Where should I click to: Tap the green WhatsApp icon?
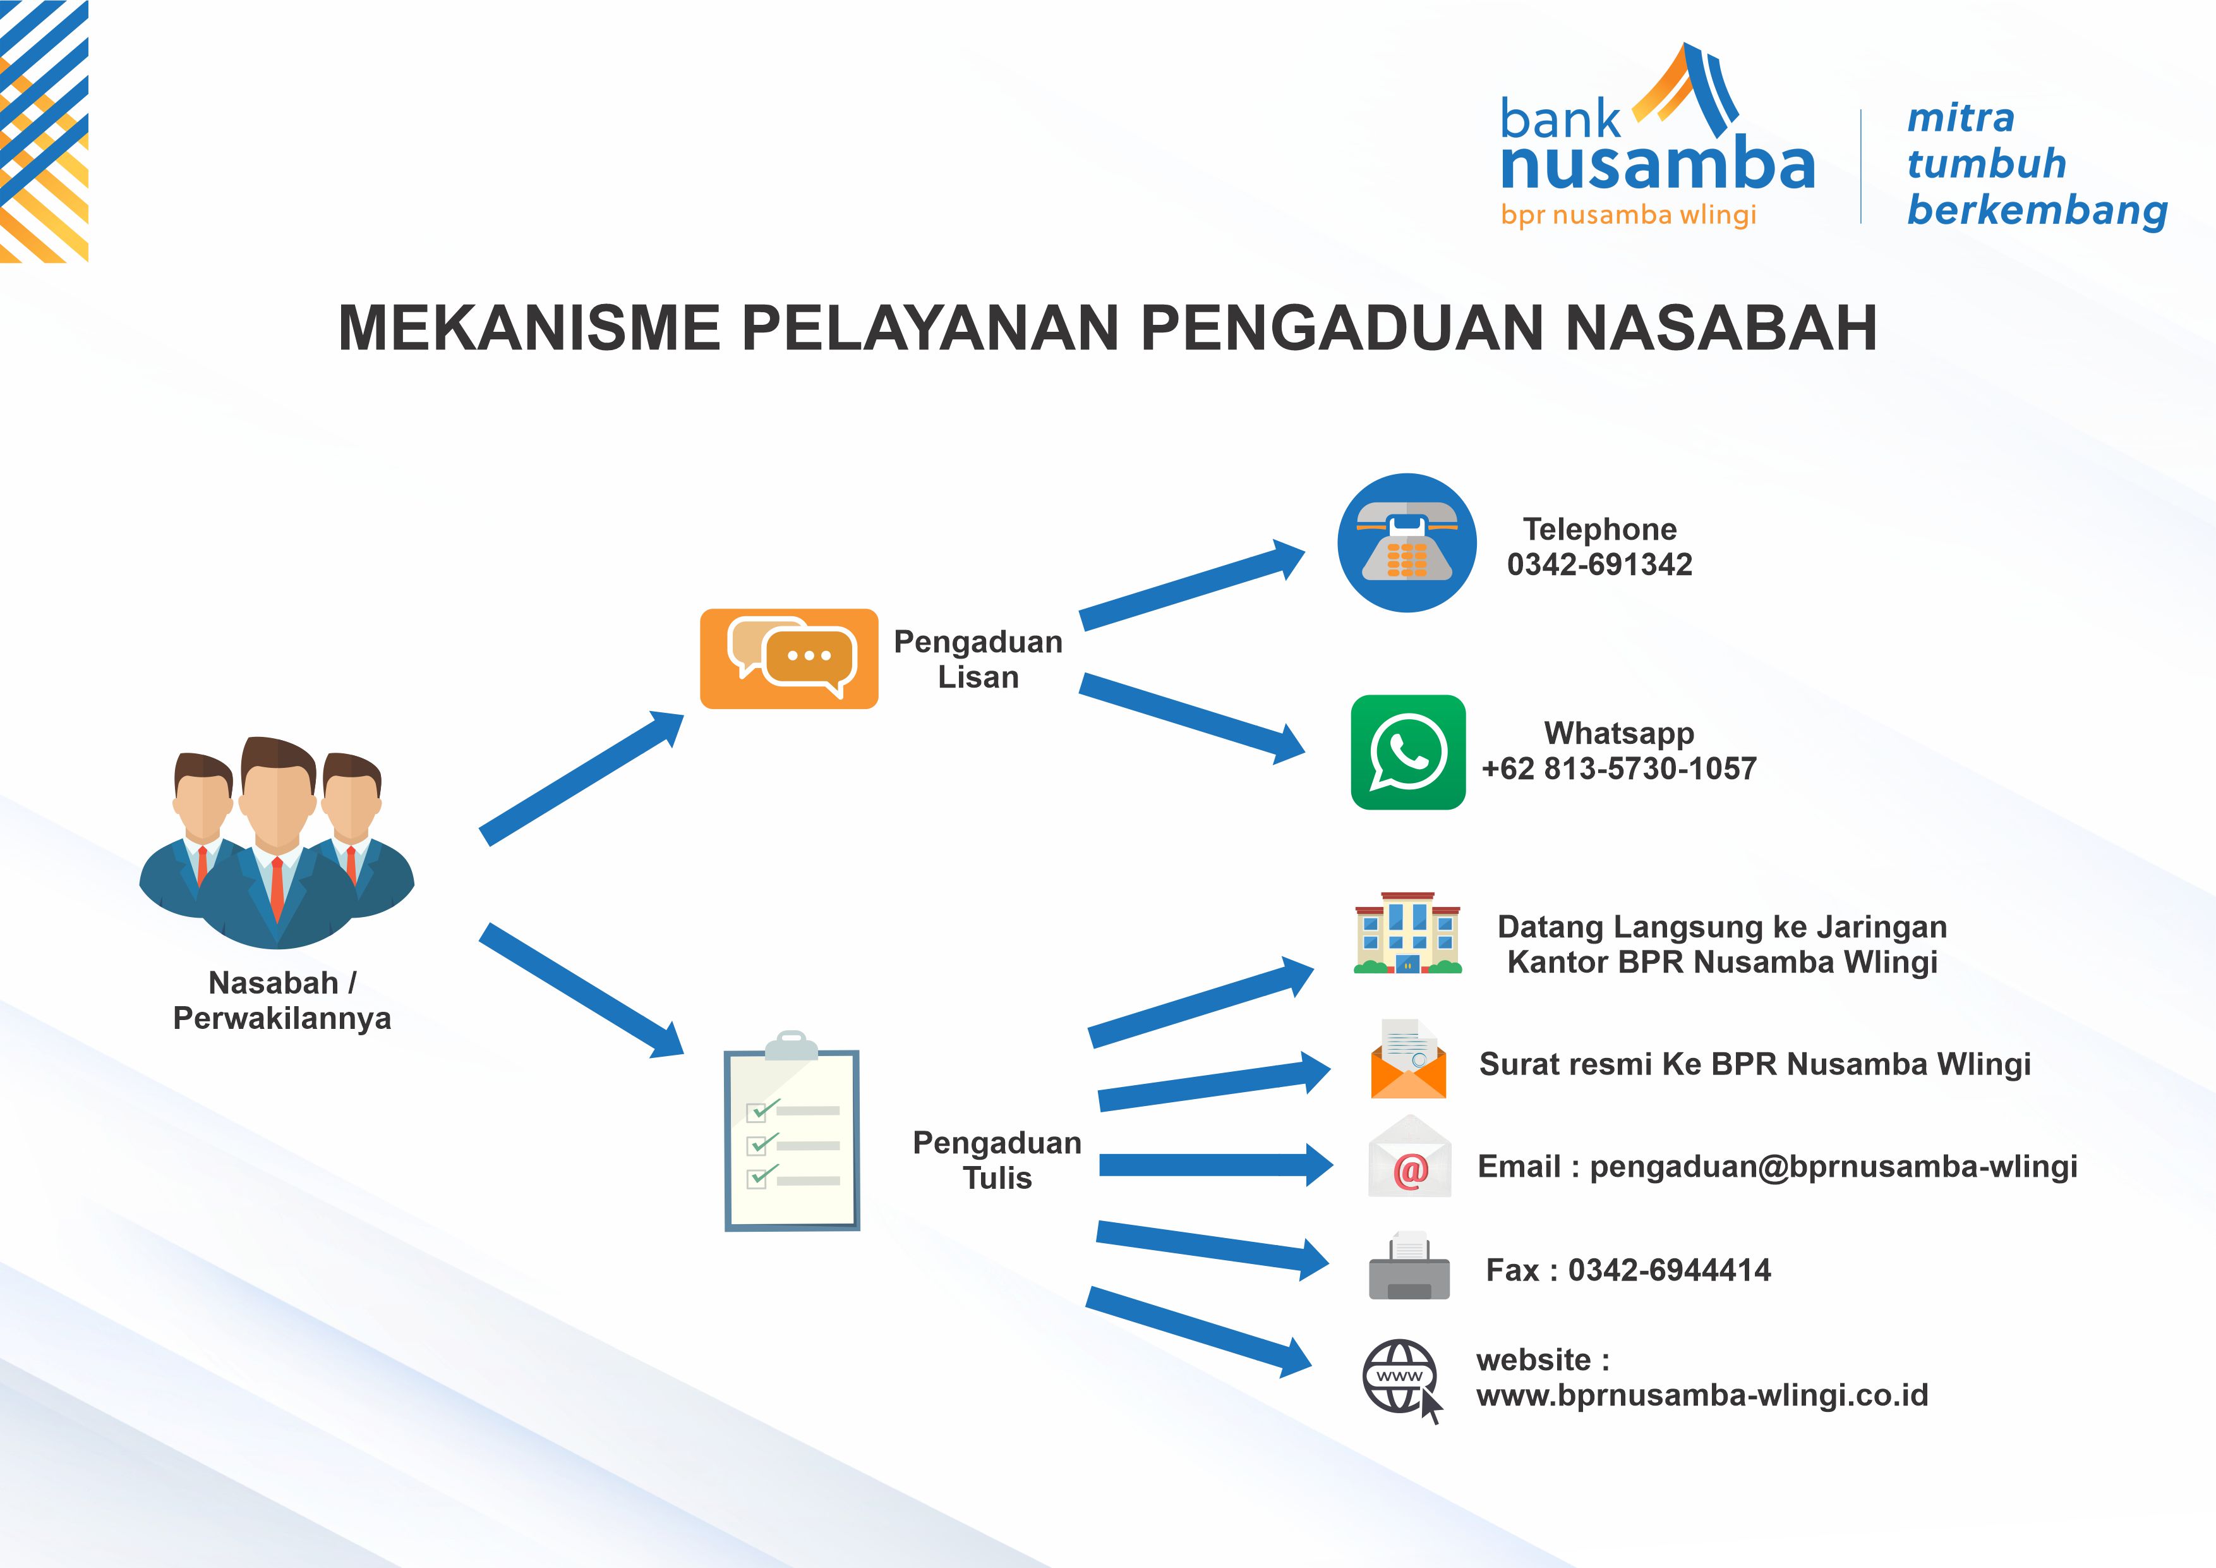1408,752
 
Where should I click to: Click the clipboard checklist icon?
792,1131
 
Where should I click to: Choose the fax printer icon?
1409,1265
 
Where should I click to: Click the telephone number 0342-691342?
1599,565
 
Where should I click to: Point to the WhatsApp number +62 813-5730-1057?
1618,769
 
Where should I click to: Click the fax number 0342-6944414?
1669,1270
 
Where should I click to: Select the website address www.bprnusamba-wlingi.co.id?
1702,1395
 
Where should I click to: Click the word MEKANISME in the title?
529,327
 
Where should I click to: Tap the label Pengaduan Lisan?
978,659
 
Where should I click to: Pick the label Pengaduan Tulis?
997,1160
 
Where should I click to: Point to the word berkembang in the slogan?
2037,210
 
